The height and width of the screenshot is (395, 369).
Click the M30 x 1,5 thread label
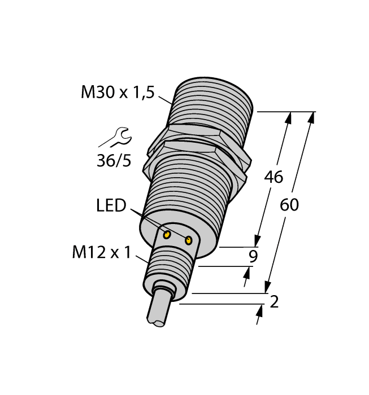click(x=117, y=92)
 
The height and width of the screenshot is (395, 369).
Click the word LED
click(x=111, y=205)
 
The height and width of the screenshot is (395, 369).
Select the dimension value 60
click(x=289, y=205)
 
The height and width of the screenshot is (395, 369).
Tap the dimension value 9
click(x=254, y=257)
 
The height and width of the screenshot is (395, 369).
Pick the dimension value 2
click(x=275, y=302)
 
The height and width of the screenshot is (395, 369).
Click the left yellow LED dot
click(x=167, y=234)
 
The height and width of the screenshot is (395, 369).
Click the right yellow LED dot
click(x=189, y=241)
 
